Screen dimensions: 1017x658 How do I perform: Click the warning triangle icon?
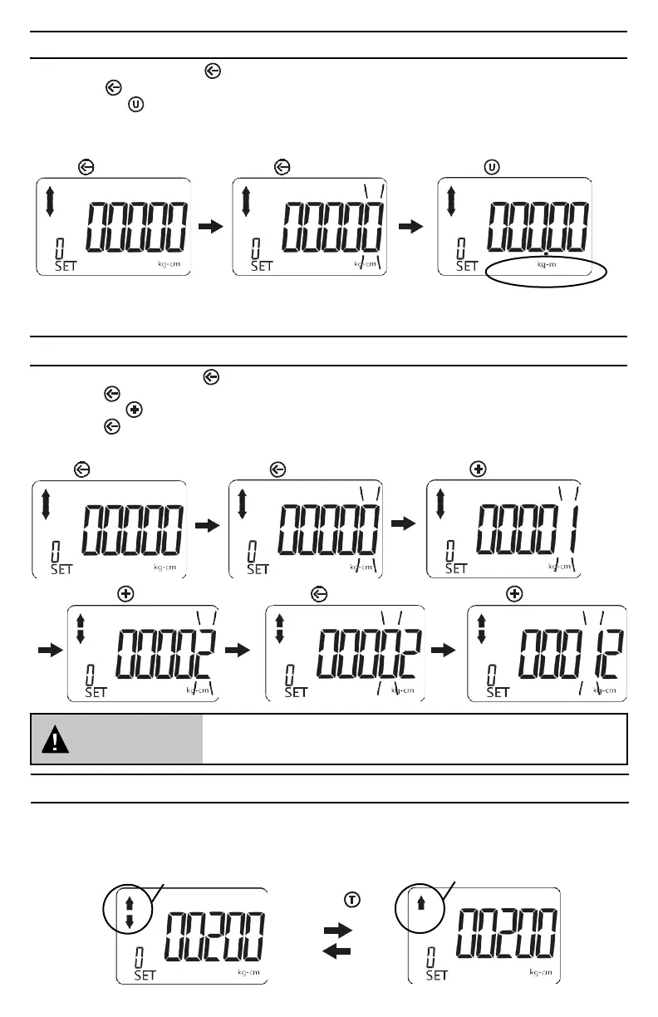tap(57, 739)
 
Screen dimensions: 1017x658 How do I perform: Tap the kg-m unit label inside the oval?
tap(546, 264)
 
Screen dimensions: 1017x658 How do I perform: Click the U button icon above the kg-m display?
tap(492, 167)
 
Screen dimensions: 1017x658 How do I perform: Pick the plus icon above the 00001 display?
tap(478, 469)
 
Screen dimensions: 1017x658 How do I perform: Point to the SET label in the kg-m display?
tap(467, 266)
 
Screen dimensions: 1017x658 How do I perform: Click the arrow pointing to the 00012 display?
tap(447, 651)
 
